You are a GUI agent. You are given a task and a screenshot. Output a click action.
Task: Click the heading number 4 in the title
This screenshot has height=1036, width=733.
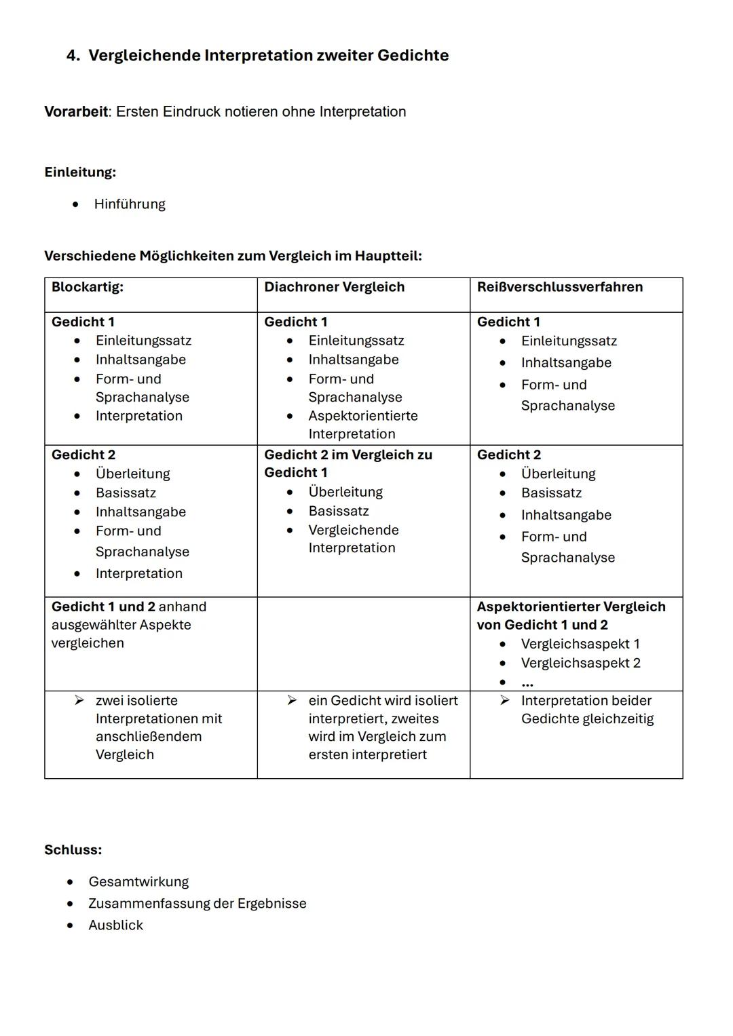[73, 56]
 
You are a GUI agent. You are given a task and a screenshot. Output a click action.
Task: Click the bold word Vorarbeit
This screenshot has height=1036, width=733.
[76, 112]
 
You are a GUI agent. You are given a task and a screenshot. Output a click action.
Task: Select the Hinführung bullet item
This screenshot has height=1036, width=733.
[130, 204]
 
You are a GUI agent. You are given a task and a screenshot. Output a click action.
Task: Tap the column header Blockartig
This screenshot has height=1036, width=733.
[88, 287]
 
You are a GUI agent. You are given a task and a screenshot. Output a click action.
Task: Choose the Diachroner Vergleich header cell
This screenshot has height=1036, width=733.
[334, 287]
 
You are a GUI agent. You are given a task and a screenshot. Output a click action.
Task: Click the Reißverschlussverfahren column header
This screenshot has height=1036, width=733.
[559, 287]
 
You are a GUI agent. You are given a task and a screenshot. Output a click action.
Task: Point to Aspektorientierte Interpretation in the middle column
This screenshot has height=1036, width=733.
[362, 425]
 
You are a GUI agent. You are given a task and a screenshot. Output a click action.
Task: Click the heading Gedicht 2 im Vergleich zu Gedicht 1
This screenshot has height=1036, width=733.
[347, 463]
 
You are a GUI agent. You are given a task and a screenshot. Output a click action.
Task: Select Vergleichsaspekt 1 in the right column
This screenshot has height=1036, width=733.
[580, 644]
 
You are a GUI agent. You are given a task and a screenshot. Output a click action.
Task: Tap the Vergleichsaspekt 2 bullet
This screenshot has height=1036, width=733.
[580, 663]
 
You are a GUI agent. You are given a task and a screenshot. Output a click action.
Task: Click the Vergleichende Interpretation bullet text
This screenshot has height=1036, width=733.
[353, 539]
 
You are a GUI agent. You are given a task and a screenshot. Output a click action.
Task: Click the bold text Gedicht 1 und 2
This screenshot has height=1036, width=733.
[103, 607]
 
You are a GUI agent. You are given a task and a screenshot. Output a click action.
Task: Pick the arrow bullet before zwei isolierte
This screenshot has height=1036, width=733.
[80, 700]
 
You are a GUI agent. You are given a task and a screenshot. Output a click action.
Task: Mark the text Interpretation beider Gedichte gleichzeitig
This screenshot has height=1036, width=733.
[586, 710]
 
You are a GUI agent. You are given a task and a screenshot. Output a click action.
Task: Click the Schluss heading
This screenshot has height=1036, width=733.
[73, 850]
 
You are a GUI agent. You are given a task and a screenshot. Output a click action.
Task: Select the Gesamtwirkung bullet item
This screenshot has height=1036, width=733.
[138, 882]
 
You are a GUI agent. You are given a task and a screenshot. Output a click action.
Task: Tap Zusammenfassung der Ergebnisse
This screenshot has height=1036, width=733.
[197, 904]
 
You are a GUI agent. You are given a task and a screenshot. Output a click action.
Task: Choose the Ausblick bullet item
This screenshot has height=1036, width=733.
[115, 925]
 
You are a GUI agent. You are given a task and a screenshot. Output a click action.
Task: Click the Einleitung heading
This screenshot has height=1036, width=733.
[80, 172]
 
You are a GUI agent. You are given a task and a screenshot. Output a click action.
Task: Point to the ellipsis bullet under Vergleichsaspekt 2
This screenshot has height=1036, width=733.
[527, 683]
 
